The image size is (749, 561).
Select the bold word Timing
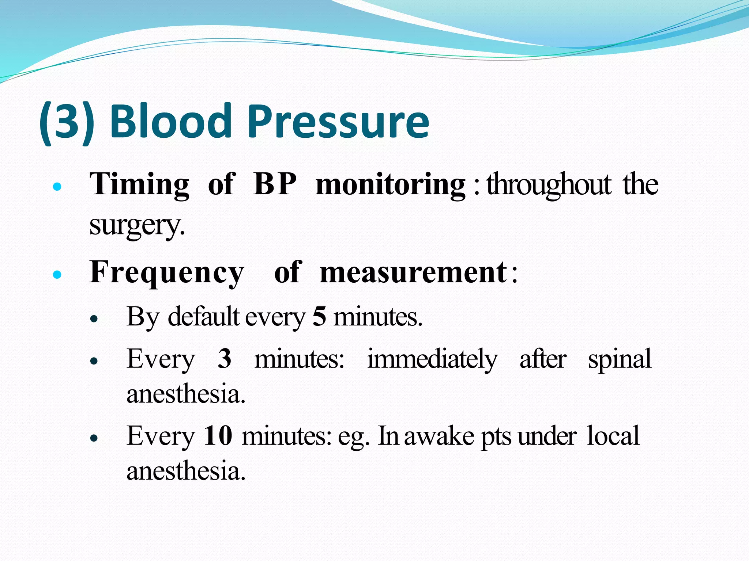(x=139, y=184)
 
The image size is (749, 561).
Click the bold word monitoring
(x=390, y=184)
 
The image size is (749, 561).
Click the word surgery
(x=137, y=225)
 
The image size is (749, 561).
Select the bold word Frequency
(x=167, y=272)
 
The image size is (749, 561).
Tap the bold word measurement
(x=413, y=272)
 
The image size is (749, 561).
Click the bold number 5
(x=319, y=316)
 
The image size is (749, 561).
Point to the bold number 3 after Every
(x=225, y=359)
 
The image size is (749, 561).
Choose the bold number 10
(x=218, y=435)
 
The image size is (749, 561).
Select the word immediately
(x=432, y=359)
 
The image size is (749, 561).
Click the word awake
(x=439, y=435)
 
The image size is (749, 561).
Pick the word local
(x=613, y=435)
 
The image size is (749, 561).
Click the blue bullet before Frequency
(x=57, y=274)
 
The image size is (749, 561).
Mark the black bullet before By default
(x=94, y=318)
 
